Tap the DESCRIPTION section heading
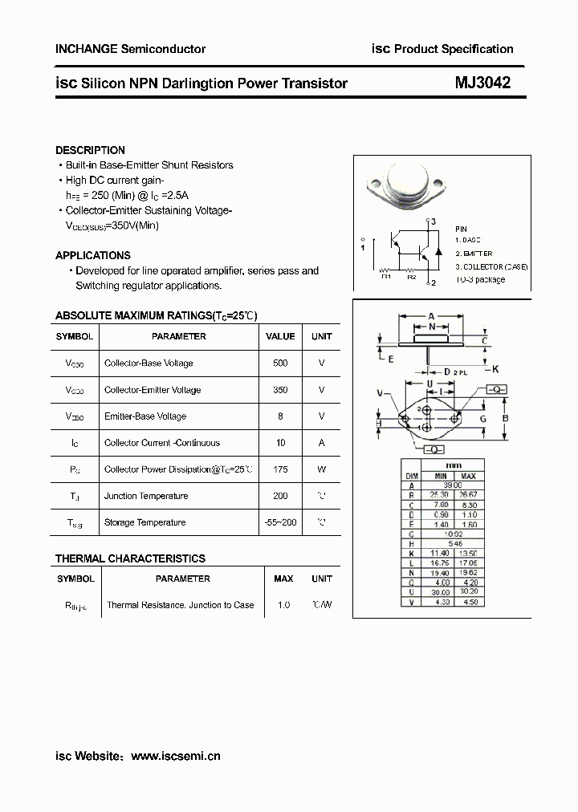pos(90,150)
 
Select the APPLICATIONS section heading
pos(92,255)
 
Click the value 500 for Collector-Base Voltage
pos(280,363)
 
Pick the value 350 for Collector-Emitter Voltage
pos(280,390)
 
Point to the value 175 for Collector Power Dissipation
pos(280,469)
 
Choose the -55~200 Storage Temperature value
pos(280,522)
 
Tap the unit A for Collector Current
pos(321,443)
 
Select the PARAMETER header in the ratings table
pos(178,337)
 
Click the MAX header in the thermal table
pos(283,579)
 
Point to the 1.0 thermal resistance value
pos(283,605)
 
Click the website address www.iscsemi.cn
pos(175,756)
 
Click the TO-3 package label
pos(480,280)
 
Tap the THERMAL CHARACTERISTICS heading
pos(130,558)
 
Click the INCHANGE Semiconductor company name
pos(130,49)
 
